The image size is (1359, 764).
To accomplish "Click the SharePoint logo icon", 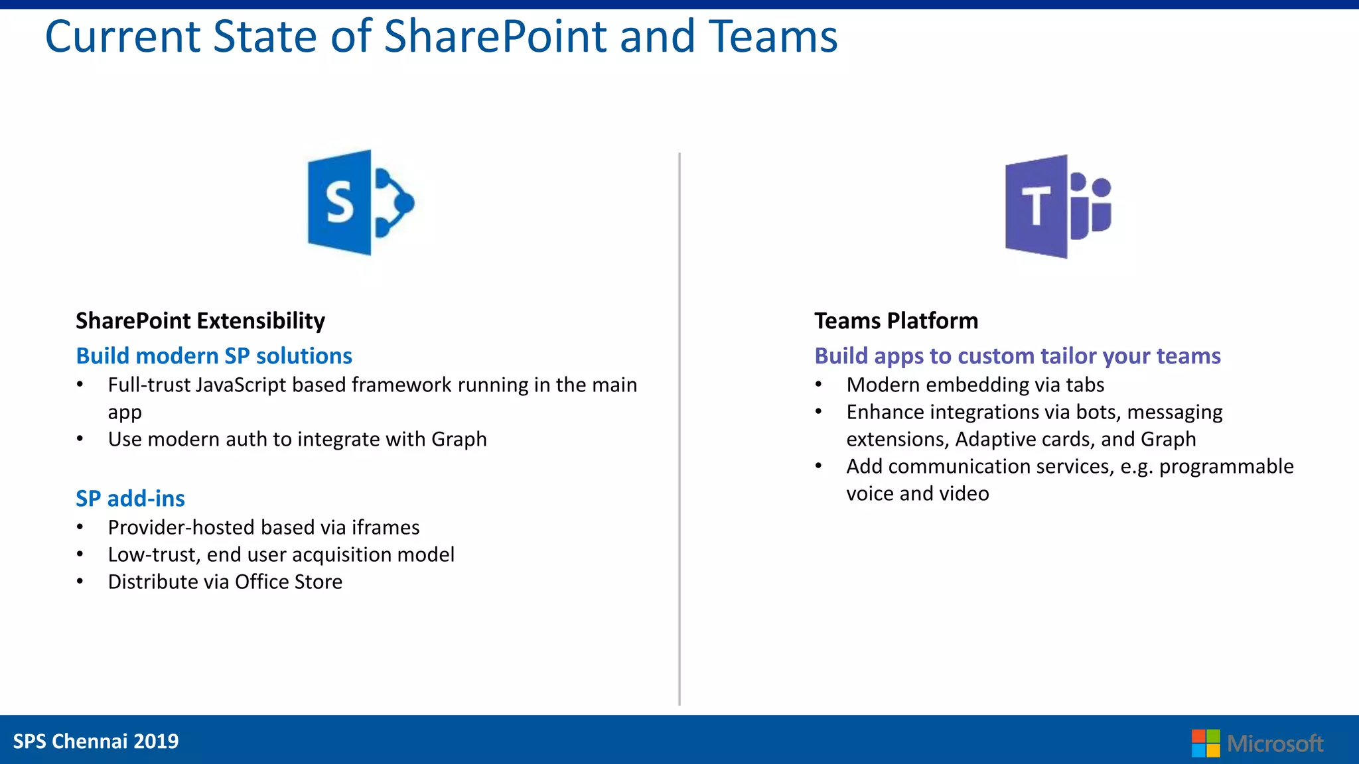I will pyautogui.click(x=360, y=202).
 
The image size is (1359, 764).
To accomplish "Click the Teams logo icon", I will pyautogui.click(x=1058, y=206).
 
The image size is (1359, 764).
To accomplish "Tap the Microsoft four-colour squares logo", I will pyautogui.click(x=1205, y=743).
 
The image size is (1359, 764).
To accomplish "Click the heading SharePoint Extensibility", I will pyautogui.click(x=200, y=321).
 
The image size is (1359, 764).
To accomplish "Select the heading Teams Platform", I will pyautogui.click(x=896, y=321).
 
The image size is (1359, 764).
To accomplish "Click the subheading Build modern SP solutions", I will pyautogui.click(x=214, y=356).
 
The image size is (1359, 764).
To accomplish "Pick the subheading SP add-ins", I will pyautogui.click(x=130, y=499).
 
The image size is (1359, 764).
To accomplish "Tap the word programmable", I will pyautogui.click(x=1226, y=467).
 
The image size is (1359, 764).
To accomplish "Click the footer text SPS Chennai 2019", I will pyautogui.click(x=96, y=741).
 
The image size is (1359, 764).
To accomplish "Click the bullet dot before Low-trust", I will pyautogui.click(x=80, y=554).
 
